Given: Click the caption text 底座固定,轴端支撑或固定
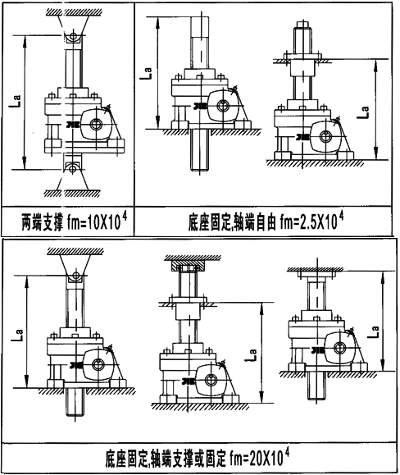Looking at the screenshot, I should pos(168,455).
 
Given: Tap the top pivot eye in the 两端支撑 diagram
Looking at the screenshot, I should pos(74,36).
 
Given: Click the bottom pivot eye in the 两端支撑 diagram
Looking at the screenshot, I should pos(74,168).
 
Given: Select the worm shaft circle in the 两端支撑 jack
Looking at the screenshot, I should pos(98,124).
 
